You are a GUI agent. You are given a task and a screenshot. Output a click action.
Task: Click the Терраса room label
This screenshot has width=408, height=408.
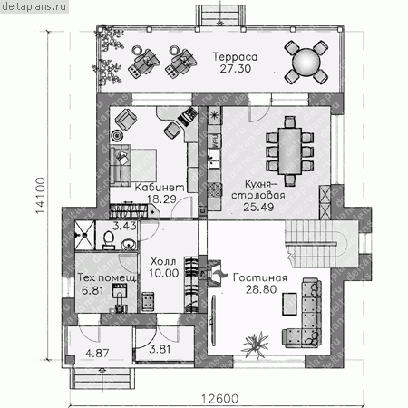pyautogui.click(x=235, y=57)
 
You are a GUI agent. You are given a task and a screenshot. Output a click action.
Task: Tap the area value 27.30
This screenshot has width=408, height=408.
pyautogui.click(x=236, y=69)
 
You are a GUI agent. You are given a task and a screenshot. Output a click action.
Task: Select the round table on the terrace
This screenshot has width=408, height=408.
pyautogui.click(x=306, y=62)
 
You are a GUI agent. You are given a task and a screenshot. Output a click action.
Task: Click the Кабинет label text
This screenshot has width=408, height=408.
pyautogui.click(x=160, y=188)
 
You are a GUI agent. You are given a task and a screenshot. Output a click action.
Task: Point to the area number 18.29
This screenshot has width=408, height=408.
pyautogui.click(x=161, y=199)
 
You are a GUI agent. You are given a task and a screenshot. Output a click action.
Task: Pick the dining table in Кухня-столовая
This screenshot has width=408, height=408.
pyautogui.click(x=290, y=151)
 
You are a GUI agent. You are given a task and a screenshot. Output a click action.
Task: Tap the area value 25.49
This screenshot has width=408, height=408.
pyautogui.click(x=258, y=207)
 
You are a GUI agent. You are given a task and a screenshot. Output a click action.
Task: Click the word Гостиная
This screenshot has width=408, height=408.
pyautogui.click(x=260, y=277)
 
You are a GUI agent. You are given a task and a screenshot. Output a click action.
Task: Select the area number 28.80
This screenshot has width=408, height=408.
pyautogui.click(x=261, y=289)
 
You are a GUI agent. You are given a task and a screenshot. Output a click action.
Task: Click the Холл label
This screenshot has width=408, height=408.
pyautogui.click(x=163, y=261)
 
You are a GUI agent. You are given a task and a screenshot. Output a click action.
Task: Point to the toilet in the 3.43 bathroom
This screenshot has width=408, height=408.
pyautogui.click(x=109, y=240)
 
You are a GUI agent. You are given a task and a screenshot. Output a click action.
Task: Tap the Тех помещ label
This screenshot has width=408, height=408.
pyautogui.click(x=107, y=277)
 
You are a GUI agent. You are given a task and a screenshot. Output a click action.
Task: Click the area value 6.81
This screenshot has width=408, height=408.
pyautogui.click(x=92, y=290)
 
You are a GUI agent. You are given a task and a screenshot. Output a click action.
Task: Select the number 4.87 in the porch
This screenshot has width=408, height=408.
pyautogui.click(x=97, y=353)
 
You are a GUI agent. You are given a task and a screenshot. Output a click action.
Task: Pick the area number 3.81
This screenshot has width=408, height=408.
pyautogui.click(x=160, y=349)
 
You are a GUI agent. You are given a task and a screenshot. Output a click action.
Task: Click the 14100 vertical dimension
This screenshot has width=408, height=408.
pyautogui.click(x=40, y=196)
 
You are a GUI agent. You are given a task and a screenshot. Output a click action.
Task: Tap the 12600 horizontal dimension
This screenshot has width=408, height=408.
pyautogui.click(x=219, y=399)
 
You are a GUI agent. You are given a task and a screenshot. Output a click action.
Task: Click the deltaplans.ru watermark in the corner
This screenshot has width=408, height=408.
pyautogui.click(x=34, y=6)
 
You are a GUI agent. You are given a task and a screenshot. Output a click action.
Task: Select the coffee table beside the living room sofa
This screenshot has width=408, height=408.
pyautogui.click(x=289, y=304)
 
